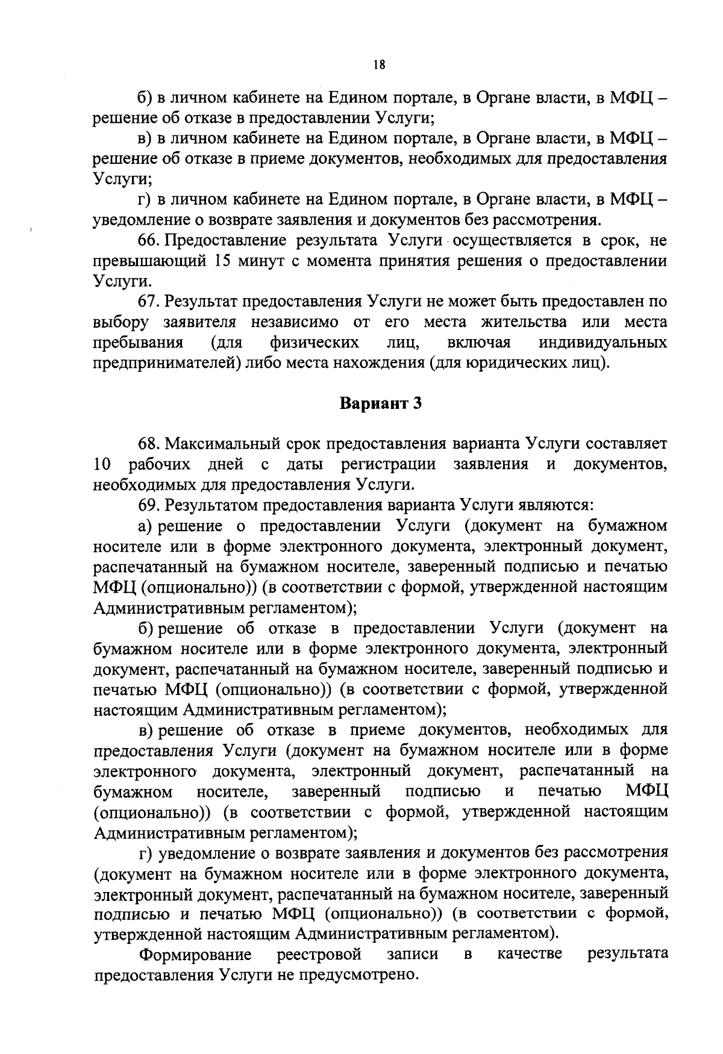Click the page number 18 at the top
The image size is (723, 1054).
tap(379, 66)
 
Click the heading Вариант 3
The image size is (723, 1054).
tap(380, 404)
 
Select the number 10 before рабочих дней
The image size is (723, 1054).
tap(103, 465)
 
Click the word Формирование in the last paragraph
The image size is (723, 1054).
tap(195, 955)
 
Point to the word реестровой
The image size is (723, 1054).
tap(319, 955)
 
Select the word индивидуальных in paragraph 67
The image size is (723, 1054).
tap(603, 343)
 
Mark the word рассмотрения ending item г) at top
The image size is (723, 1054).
tap(546, 220)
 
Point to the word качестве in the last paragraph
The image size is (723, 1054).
tap(530, 955)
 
